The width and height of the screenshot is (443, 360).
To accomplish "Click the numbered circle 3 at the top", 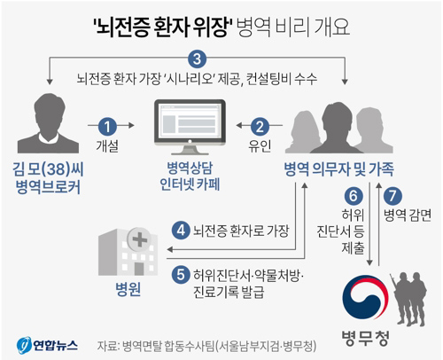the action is [197, 59].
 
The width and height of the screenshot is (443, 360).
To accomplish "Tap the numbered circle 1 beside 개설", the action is [107, 126].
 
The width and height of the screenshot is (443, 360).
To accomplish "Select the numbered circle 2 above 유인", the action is [260, 126].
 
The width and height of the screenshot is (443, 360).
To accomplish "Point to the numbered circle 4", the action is [181, 231].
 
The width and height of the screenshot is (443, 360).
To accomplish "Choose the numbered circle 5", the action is [181, 275].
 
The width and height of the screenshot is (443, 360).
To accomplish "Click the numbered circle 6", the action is [354, 196].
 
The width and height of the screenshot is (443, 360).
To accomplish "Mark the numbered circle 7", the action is [392, 196].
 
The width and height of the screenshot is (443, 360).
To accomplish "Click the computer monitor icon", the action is [190, 127].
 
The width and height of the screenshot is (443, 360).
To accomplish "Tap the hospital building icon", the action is [128, 252].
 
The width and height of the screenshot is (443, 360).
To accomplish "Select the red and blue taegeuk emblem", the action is [365, 298].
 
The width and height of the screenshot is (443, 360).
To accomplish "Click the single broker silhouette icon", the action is [48, 123].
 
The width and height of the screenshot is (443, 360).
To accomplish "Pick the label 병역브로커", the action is [48, 187].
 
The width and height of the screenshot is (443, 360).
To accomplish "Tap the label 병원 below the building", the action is [128, 289].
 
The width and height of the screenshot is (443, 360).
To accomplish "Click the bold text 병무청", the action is [365, 339].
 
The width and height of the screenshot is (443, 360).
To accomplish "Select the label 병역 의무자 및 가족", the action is [338, 169].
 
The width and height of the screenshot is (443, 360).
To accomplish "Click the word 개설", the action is [107, 145].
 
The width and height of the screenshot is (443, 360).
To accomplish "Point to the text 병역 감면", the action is [408, 215].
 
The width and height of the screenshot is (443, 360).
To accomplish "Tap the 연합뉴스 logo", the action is [47, 345].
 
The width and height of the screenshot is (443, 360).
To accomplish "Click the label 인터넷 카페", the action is [190, 184].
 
